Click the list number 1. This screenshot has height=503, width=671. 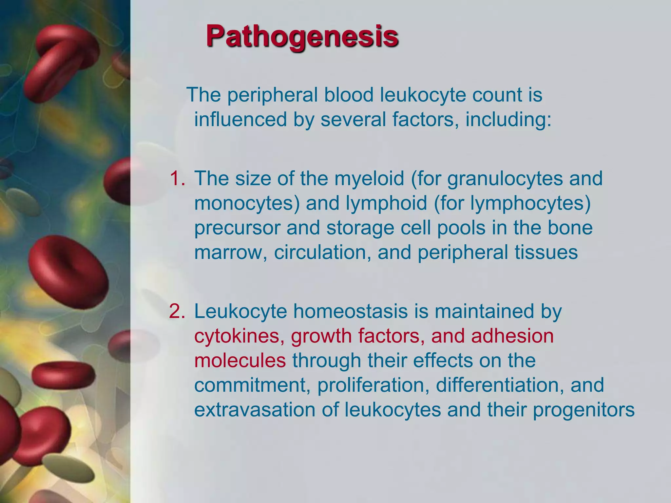[x=177, y=179]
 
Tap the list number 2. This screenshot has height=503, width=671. [x=177, y=311]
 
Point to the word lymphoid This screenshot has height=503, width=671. [x=387, y=203]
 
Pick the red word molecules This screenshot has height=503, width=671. [x=240, y=361]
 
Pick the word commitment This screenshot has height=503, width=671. [x=252, y=385]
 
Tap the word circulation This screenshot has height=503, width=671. [x=323, y=253]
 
